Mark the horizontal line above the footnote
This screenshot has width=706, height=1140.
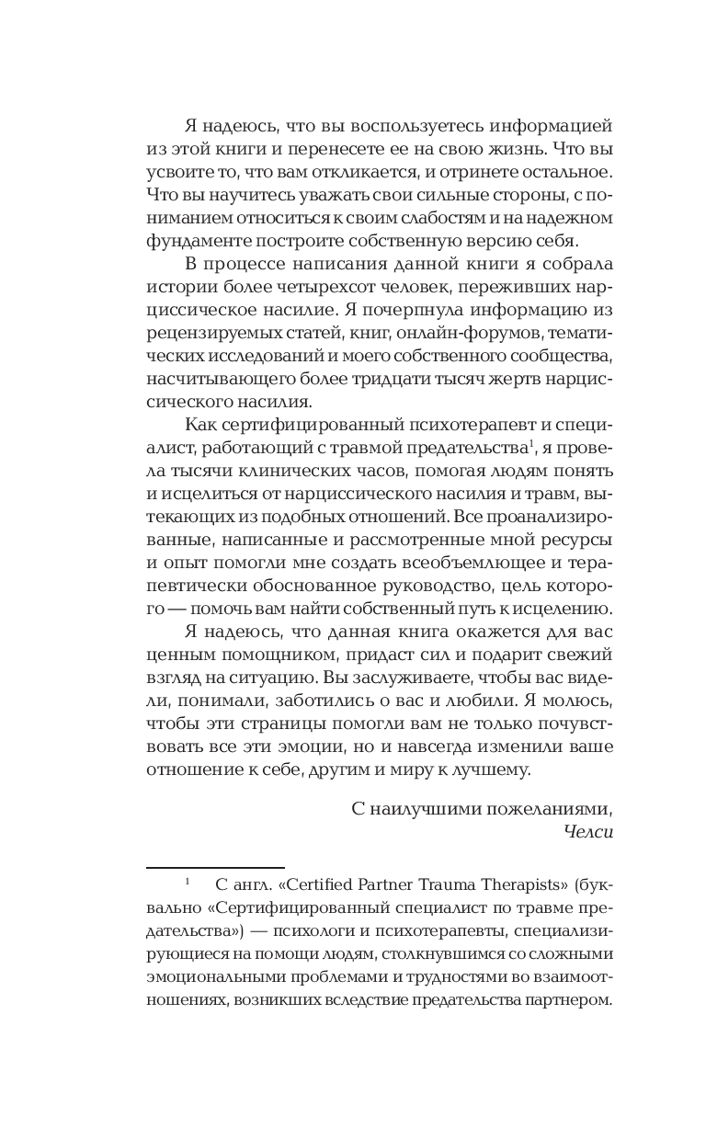(x=215, y=867)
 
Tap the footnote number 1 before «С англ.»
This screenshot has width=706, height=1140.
(x=187, y=883)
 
